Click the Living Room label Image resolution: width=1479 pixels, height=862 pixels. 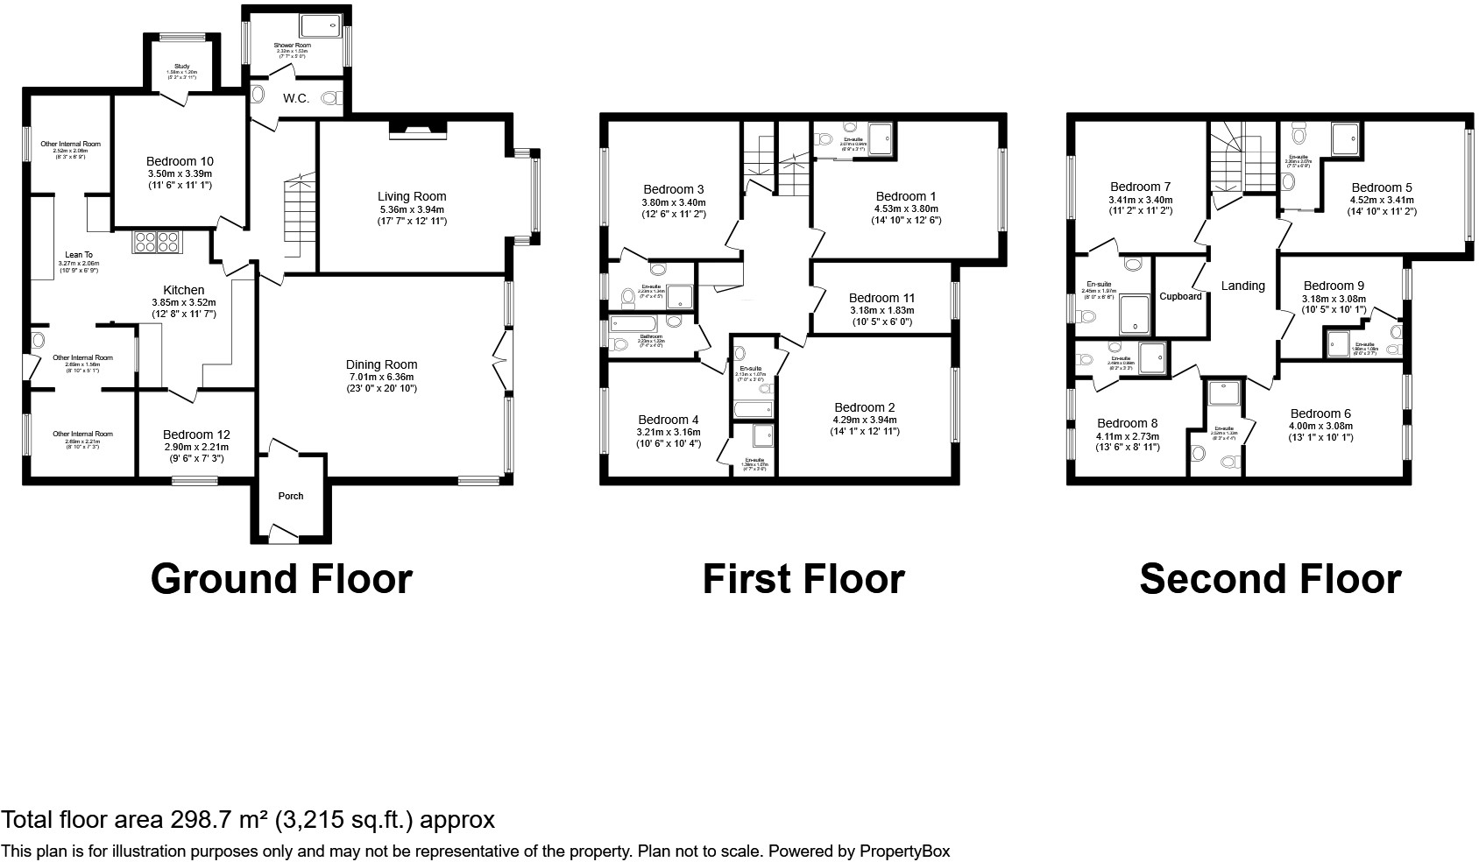click(412, 197)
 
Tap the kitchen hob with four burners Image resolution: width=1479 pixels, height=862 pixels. click(157, 242)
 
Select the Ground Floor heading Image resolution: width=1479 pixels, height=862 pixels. click(281, 579)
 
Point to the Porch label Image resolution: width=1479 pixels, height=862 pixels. click(291, 496)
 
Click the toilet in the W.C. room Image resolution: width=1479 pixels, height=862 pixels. click(332, 99)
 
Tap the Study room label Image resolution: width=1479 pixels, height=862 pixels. click(182, 67)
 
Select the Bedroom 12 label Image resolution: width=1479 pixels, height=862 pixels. click(197, 435)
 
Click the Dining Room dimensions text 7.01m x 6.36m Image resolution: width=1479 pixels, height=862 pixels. click(381, 377)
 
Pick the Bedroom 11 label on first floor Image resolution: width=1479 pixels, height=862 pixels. click(881, 298)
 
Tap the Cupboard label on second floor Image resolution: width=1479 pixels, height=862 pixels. click(1180, 296)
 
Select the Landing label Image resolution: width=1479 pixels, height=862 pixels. click(1242, 286)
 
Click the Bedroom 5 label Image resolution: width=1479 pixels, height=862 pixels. click(1381, 187)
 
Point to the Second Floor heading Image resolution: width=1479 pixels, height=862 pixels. click(1270, 579)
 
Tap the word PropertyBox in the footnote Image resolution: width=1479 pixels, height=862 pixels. click(904, 851)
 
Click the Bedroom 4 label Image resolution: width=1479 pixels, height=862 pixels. click(669, 420)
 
